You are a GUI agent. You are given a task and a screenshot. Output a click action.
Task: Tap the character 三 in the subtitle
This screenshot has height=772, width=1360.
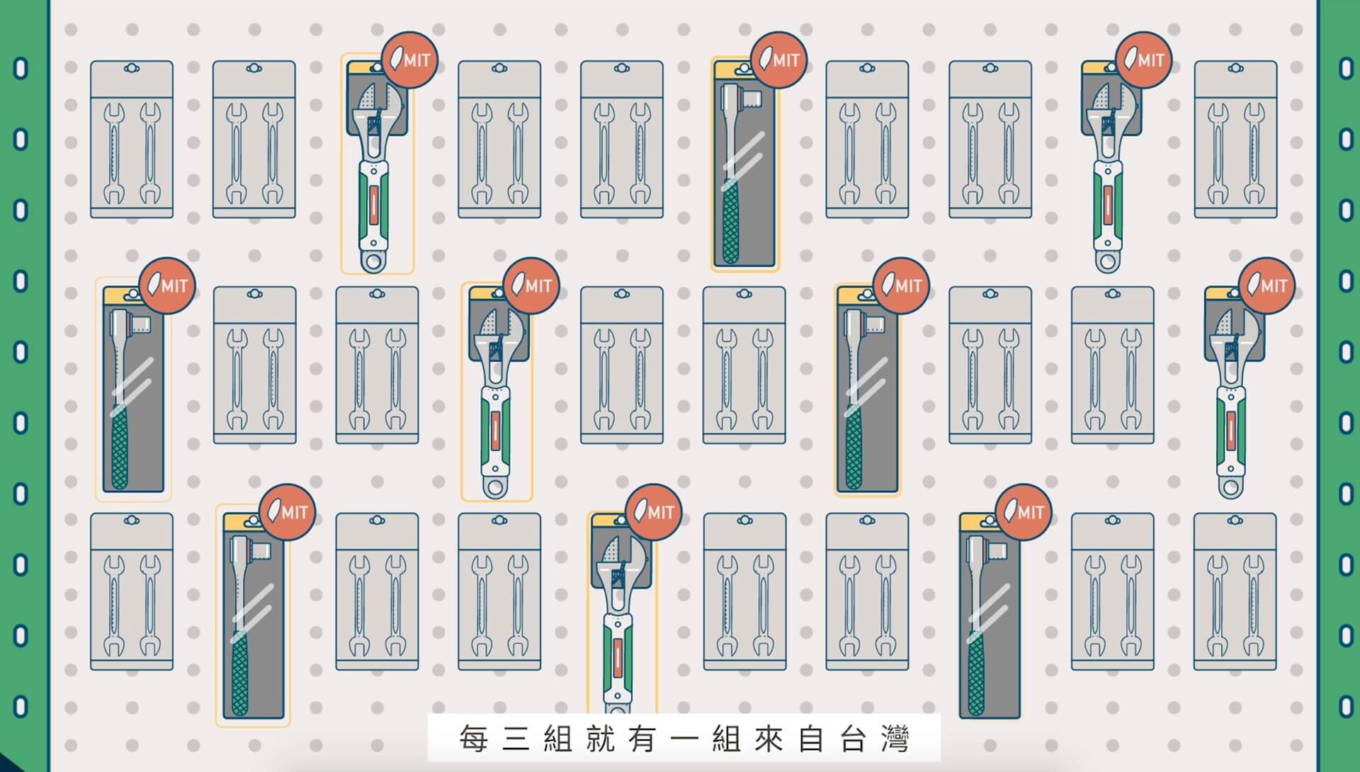pos(520,739)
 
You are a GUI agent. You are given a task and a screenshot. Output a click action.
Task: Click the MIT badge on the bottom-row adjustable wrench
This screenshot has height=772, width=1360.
pos(653,511)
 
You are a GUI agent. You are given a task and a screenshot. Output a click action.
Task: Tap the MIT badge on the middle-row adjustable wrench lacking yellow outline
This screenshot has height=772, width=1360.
pos(1266,285)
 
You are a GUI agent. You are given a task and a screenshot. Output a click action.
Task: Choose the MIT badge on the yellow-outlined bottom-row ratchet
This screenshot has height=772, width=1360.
pos(286,511)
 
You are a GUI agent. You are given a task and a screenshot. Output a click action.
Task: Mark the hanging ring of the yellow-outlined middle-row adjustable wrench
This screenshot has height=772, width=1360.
pos(495,487)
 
